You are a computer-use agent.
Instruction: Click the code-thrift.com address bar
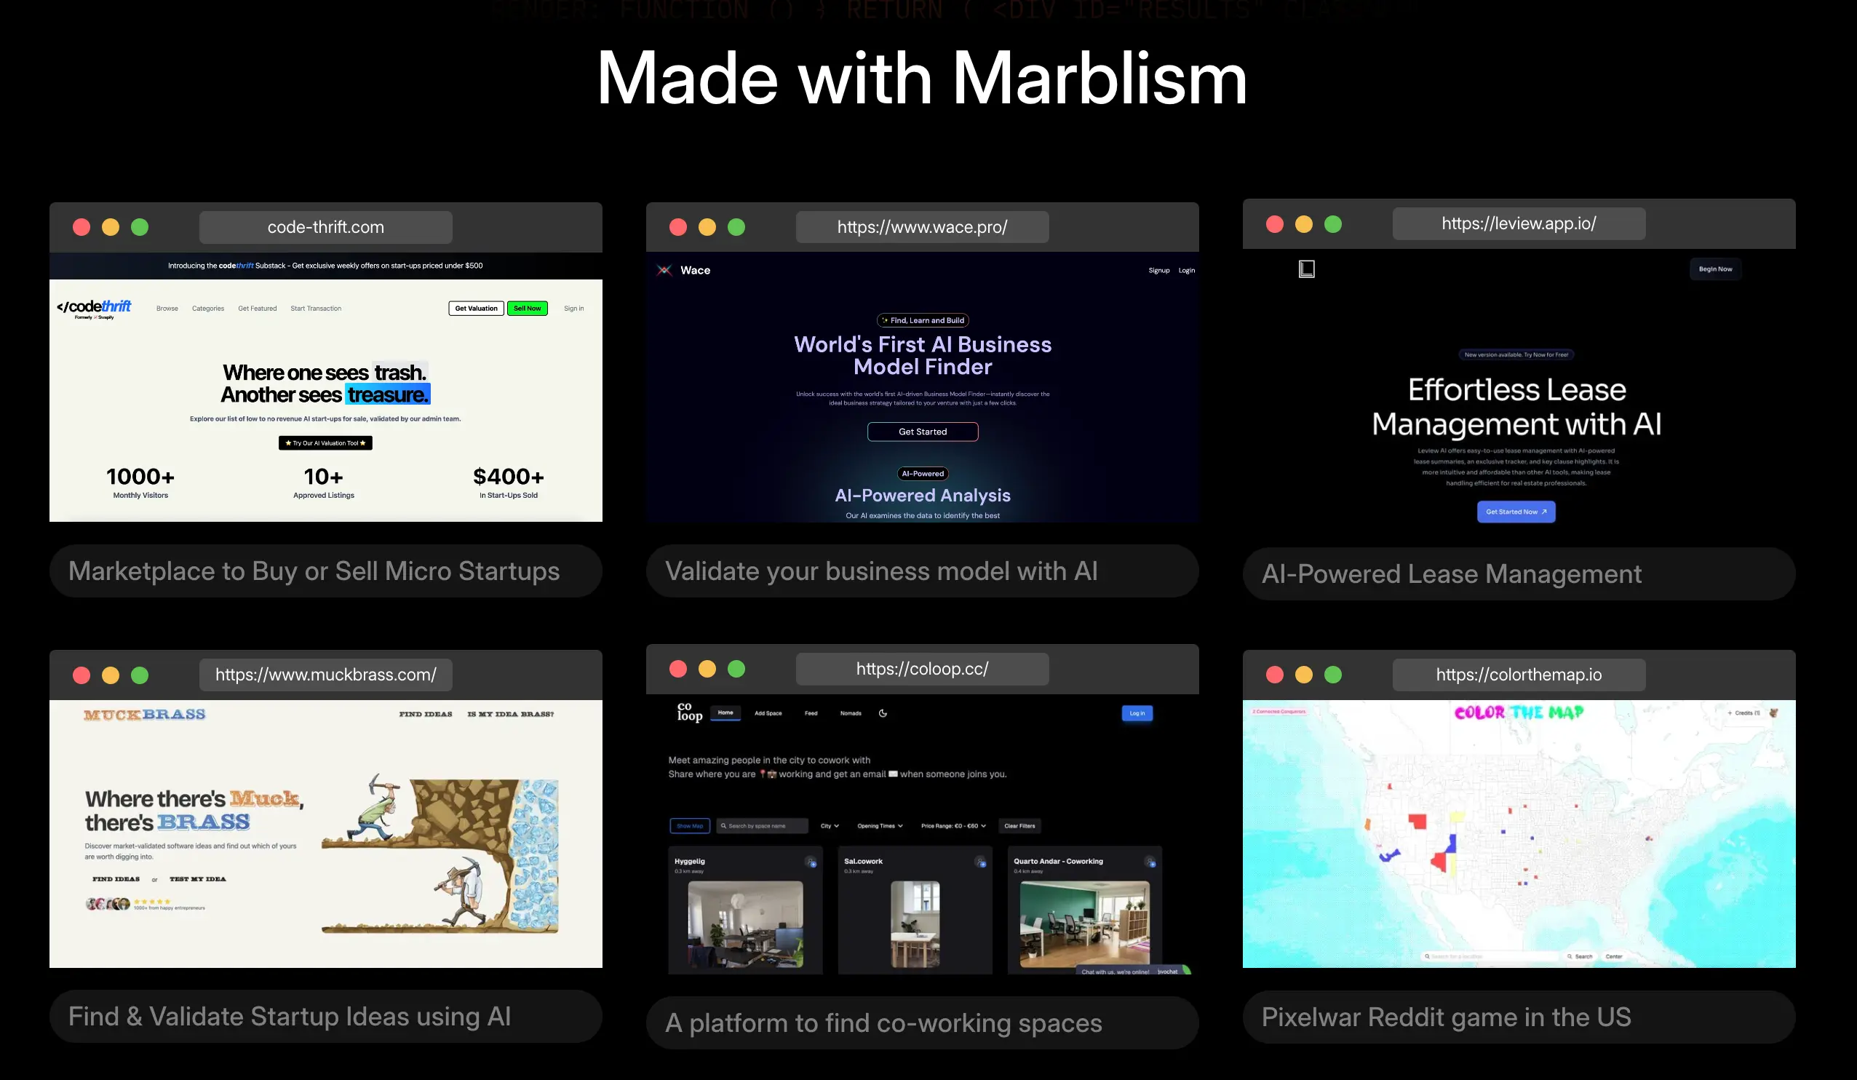pos(325,227)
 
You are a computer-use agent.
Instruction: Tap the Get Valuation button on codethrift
pos(475,308)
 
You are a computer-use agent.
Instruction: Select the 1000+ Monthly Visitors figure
pos(140,482)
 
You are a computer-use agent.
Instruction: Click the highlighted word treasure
pos(388,395)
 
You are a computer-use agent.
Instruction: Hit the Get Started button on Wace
pos(922,432)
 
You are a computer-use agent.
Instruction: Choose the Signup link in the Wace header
pos(1158,271)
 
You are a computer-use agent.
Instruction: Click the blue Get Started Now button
pos(1515,512)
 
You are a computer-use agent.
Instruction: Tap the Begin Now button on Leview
pos(1714,269)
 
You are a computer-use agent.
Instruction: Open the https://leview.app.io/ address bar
pos(1518,223)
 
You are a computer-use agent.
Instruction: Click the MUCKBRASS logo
pos(144,714)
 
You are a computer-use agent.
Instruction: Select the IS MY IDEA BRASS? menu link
pos(510,714)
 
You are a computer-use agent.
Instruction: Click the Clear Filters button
pos(1019,826)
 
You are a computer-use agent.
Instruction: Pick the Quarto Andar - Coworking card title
pos(1057,861)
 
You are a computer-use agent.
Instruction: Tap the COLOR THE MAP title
pos(1518,712)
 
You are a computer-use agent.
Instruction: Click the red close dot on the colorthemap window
pos(1274,675)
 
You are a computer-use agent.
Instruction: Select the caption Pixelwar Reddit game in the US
pos(1445,1017)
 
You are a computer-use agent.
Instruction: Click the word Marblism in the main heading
pos(1099,79)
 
